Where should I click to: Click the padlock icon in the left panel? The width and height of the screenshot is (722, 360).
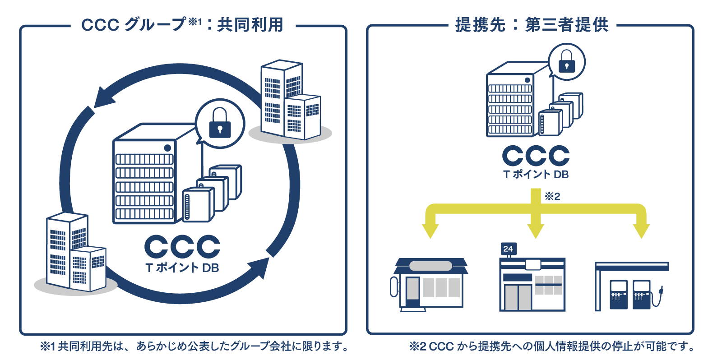(220, 123)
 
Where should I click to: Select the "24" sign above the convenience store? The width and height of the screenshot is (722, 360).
(508, 249)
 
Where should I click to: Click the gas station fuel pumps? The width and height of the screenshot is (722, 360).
(630, 294)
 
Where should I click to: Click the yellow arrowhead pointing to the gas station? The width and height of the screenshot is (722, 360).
(641, 231)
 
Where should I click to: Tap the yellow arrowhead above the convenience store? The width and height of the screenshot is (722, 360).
(536, 231)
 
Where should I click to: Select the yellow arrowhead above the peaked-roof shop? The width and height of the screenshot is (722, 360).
(430, 231)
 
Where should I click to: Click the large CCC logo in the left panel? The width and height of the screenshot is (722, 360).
(182, 247)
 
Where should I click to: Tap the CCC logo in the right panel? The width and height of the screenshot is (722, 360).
(536, 156)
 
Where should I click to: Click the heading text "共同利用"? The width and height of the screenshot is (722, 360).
(250, 25)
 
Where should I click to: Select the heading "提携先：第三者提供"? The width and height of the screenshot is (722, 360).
(532, 25)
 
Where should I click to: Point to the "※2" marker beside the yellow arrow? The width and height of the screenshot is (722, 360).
(552, 196)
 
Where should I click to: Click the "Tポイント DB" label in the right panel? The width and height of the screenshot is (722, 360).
(536, 175)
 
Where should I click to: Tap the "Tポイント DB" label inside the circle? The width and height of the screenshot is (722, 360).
(182, 268)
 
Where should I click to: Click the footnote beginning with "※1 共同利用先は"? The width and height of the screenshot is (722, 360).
(194, 346)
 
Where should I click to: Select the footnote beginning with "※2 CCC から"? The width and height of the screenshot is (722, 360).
(551, 346)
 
